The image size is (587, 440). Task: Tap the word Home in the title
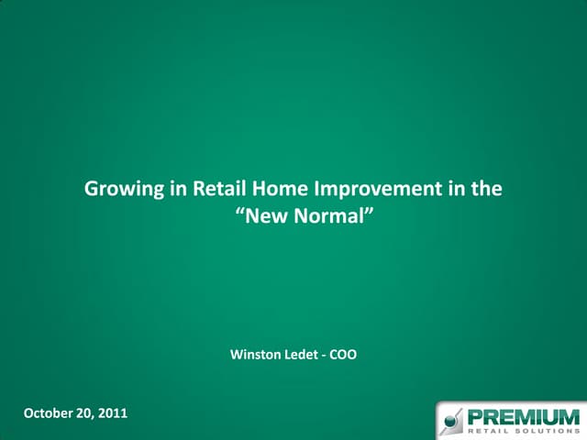[x=279, y=191]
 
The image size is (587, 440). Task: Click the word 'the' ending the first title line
[x=487, y=191]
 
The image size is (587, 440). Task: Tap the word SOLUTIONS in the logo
[x=547, y=431]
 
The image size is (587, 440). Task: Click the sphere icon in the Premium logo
[x=451, y=423]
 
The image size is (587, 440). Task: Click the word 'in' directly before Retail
[x=177, y=191]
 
